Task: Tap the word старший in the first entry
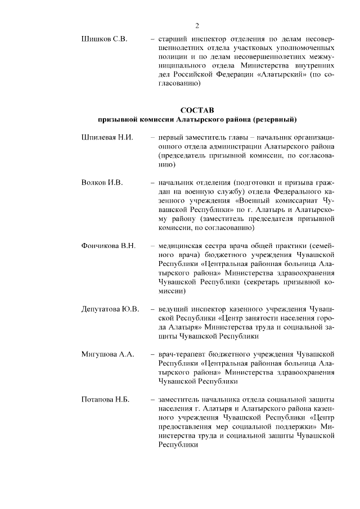tap(176, 39)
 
